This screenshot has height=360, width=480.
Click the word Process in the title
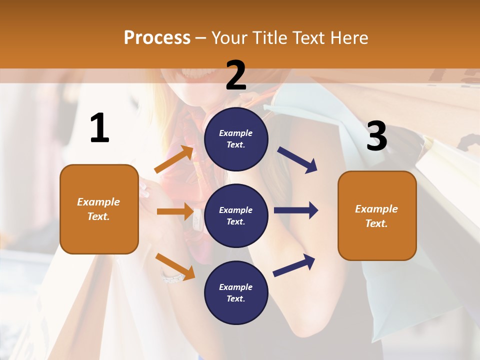157,37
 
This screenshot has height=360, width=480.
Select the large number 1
99,128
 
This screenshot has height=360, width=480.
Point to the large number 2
236,75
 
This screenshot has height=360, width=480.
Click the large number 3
376,136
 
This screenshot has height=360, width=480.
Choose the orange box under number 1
99,209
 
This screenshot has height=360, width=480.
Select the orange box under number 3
377,215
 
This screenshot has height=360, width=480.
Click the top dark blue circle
236,139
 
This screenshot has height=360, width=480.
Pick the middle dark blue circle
236,215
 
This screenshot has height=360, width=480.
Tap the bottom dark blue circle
236,292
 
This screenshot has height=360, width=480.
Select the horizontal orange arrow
175,211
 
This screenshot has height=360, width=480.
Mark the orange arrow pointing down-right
175,266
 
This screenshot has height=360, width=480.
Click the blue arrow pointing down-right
297,160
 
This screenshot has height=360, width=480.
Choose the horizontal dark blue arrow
296,210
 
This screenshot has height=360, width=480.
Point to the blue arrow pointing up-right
294,265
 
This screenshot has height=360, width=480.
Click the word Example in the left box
98,202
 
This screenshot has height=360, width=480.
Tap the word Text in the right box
376,223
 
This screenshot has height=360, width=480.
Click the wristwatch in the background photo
172,276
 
